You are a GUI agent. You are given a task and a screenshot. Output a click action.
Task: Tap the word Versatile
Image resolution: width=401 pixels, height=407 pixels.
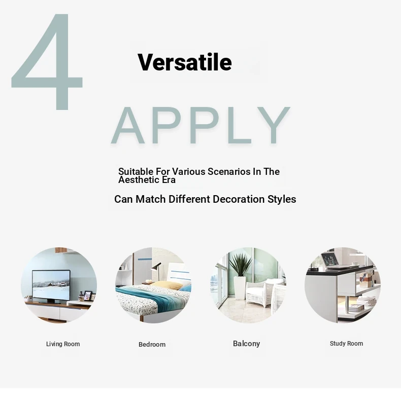click(x=185, y=62)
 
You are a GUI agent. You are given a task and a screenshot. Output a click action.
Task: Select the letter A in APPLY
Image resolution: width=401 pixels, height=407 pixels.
click(x=128, y=125)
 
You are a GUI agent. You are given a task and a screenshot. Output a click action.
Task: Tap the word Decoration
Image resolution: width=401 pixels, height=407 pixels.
click(x=239, y=199)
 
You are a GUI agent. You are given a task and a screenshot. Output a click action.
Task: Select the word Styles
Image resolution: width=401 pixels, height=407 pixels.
click(x=282, y=199)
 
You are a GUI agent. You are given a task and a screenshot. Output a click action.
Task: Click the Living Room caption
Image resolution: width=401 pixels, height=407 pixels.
click(x=63, y=344)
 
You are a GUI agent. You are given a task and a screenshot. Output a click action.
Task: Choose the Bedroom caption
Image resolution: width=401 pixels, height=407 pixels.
click(x=152, y=345)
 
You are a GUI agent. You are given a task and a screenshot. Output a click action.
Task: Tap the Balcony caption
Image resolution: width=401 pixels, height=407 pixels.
click(x=246, y=344)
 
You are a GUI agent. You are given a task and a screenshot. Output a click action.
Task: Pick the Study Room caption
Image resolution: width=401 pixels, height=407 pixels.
click(x=346, y=344)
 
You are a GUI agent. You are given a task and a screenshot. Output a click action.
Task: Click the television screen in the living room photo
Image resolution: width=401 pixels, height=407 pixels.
click(x=51, y=285)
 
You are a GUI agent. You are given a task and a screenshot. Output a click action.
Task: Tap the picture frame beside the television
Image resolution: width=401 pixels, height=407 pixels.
click(x=87, y=295)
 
